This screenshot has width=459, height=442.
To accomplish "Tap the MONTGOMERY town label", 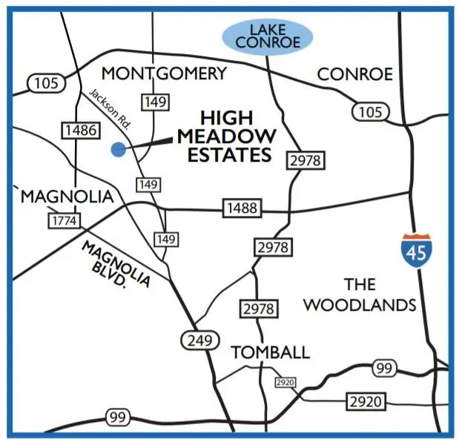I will click(163, 73).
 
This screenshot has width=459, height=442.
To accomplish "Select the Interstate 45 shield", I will click(416, 250).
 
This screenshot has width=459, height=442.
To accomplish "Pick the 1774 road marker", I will click(64, 220).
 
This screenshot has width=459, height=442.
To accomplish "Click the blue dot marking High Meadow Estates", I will click(117, 149).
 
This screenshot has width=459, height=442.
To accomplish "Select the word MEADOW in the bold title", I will click(227, 137).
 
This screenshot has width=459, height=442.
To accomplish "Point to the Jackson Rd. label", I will click(110, 109).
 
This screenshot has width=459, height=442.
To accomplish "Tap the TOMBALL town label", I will click(269, 352).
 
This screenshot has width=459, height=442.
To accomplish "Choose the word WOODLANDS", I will click(360, 305).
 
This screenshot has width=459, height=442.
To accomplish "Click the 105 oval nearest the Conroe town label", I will click(369, 111).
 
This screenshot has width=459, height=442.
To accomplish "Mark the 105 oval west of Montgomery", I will click(45, 82).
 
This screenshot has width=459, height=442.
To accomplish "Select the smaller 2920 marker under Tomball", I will click(284, 382).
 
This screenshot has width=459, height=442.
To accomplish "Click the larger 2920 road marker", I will click(366, 402).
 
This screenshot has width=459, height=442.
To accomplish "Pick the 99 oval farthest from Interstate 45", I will click(117, 418).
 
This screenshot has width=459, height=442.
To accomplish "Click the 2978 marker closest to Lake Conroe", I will click(306, 160).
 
